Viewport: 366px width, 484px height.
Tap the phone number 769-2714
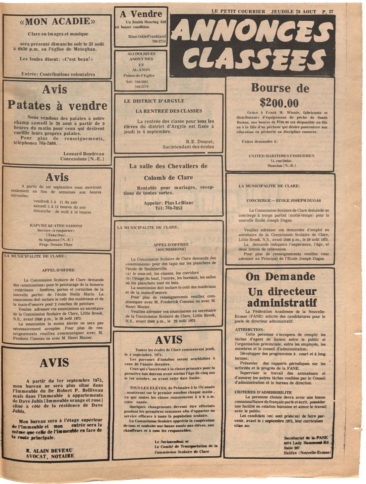click(159, 41)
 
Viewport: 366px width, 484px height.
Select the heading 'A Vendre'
click(141, 14)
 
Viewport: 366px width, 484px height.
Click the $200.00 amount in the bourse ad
click(279, 103)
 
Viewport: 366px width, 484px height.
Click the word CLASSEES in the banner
click(254, 59)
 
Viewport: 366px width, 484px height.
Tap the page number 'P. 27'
click(328, 12)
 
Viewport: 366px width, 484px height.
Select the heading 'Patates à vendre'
click(57, 105)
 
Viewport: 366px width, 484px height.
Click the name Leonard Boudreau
click(84, 154)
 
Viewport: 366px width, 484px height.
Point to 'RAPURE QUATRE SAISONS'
click(56, 226)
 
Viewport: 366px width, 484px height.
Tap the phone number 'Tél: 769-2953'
click(168, 208)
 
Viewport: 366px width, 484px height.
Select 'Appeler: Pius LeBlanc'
click(168, 203)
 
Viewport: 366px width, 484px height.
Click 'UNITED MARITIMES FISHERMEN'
click(281, 156)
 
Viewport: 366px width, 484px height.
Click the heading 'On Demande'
click(280, 276)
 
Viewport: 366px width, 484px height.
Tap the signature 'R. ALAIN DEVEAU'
click(49, 451)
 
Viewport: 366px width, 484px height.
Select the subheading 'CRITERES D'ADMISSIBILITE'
click(263, 392)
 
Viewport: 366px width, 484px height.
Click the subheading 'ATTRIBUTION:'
click(250, 330)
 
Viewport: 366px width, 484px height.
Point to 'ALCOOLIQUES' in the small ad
click(141, 54)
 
